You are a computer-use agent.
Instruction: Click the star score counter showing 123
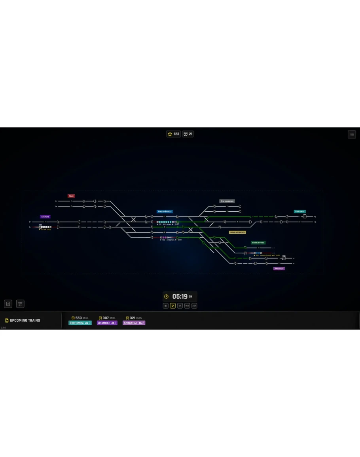pos(174,134)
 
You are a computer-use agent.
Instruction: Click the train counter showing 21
pos(188,134)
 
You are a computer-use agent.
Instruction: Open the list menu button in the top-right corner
pos(352,135)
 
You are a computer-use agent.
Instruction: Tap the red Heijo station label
pos(71,196)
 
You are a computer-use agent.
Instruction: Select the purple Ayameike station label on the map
pos(45,217)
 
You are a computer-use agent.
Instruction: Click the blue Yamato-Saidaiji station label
pos(165,212)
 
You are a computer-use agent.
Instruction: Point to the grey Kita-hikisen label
pos(227,201)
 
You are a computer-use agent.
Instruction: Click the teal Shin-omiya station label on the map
pos(299,212)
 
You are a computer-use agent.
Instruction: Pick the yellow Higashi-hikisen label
pos(237,232)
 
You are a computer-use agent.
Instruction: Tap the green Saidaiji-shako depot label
pos(258,243)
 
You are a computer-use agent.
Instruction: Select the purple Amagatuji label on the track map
pos(279,269)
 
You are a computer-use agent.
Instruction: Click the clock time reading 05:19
pos(180,296)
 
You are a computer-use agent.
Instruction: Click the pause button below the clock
pos(166,306)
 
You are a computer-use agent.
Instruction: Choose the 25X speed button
pos(194,306)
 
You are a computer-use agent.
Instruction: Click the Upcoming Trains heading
pos(25,320)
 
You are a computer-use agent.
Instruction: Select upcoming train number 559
pos(78,318)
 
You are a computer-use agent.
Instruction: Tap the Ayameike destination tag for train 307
pos(107,323)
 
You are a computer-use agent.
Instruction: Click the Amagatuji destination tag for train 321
pos(134,323)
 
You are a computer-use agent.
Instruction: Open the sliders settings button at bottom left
pos(20,304)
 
